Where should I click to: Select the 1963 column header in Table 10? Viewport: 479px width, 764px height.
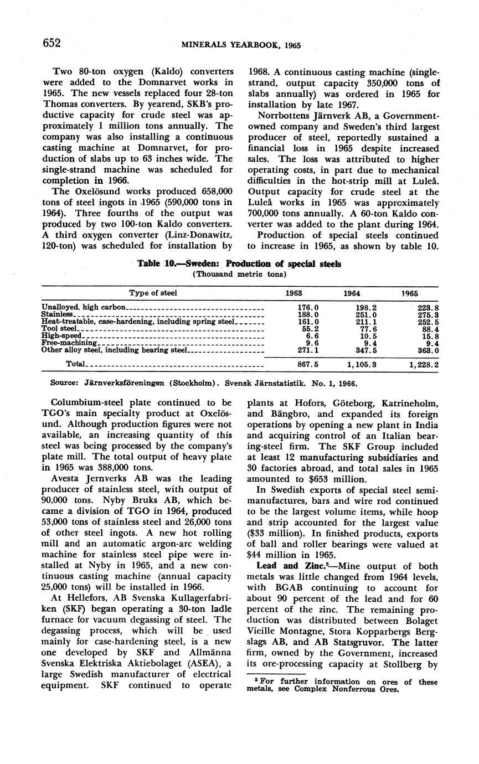[x=293, y=293]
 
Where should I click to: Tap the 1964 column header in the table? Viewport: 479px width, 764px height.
[x=352, y=293]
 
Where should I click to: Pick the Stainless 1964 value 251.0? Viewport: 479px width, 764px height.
[x=366, y=314]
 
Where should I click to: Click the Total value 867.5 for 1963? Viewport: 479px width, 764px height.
[x=307, y=364]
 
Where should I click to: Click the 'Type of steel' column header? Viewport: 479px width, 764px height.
[x=153, y=293]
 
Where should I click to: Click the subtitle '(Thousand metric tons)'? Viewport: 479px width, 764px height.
[x=239, y=274]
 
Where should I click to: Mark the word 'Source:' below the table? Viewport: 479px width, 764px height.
[x=62, y=383]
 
